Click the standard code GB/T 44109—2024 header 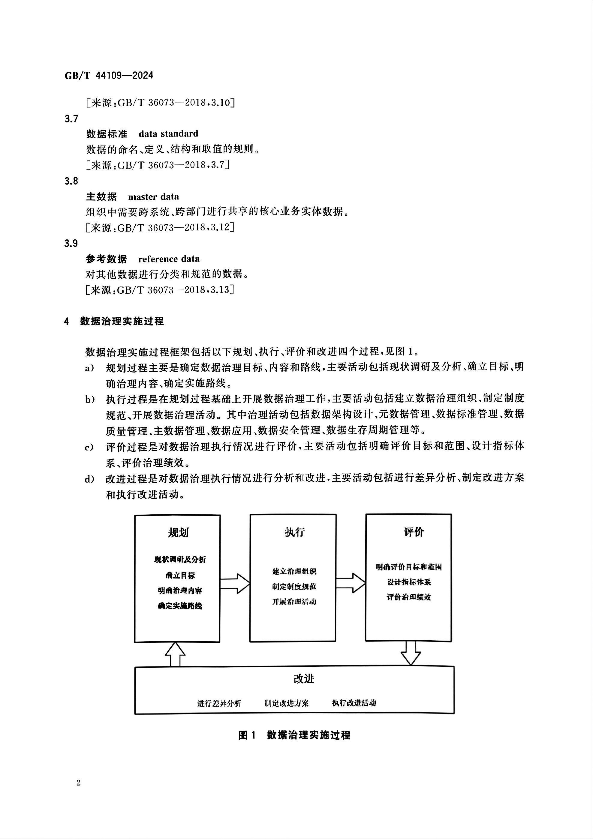pos(109,76)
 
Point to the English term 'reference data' pos(169,259)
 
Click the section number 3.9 pos(71,243)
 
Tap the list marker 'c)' pos(90,447)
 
